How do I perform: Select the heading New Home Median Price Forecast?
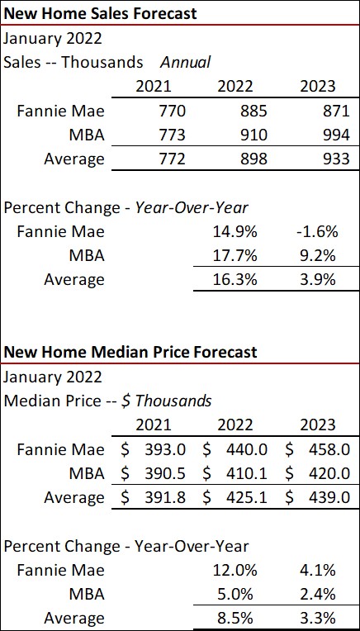click(x=130, y=352)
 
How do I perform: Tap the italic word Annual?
click(x=186, y=62)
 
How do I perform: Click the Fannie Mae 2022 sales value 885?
click(x=234, y=110)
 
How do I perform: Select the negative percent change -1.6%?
click(x=315, y=231)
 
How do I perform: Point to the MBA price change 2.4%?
click(x=318, y=594)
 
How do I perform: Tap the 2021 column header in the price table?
click(x=154, y=425)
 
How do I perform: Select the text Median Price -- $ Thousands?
click(x=107, y=401)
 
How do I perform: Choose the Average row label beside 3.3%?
click(x=74, y=618)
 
